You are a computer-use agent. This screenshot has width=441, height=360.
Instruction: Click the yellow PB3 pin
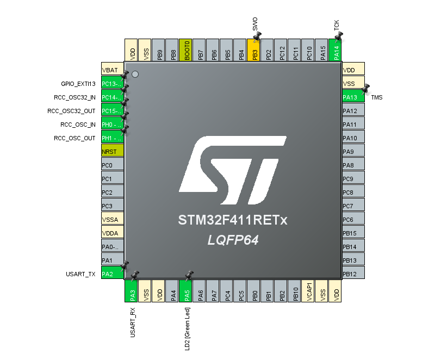253,50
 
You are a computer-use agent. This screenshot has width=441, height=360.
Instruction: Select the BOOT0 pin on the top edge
185,50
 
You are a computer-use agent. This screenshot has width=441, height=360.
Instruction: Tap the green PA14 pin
335,50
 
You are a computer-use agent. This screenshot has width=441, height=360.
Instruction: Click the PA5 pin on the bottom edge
185,291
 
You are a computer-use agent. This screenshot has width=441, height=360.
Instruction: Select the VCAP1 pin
308,291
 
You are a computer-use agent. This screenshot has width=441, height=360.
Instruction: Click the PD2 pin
267,50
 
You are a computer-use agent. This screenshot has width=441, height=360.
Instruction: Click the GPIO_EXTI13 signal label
78,84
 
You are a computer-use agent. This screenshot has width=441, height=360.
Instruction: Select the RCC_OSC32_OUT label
71,111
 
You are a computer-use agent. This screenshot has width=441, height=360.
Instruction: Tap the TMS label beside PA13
377,97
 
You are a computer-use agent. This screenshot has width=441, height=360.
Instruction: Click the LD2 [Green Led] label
187,329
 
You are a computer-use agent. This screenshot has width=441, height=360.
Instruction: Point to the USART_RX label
133,322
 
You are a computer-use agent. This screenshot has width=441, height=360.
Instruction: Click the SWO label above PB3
255,24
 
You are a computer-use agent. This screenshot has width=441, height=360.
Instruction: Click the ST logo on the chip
233,170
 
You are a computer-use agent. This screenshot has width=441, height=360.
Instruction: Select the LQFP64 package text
233,240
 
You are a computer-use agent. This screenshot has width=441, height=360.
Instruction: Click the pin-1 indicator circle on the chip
135,75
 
